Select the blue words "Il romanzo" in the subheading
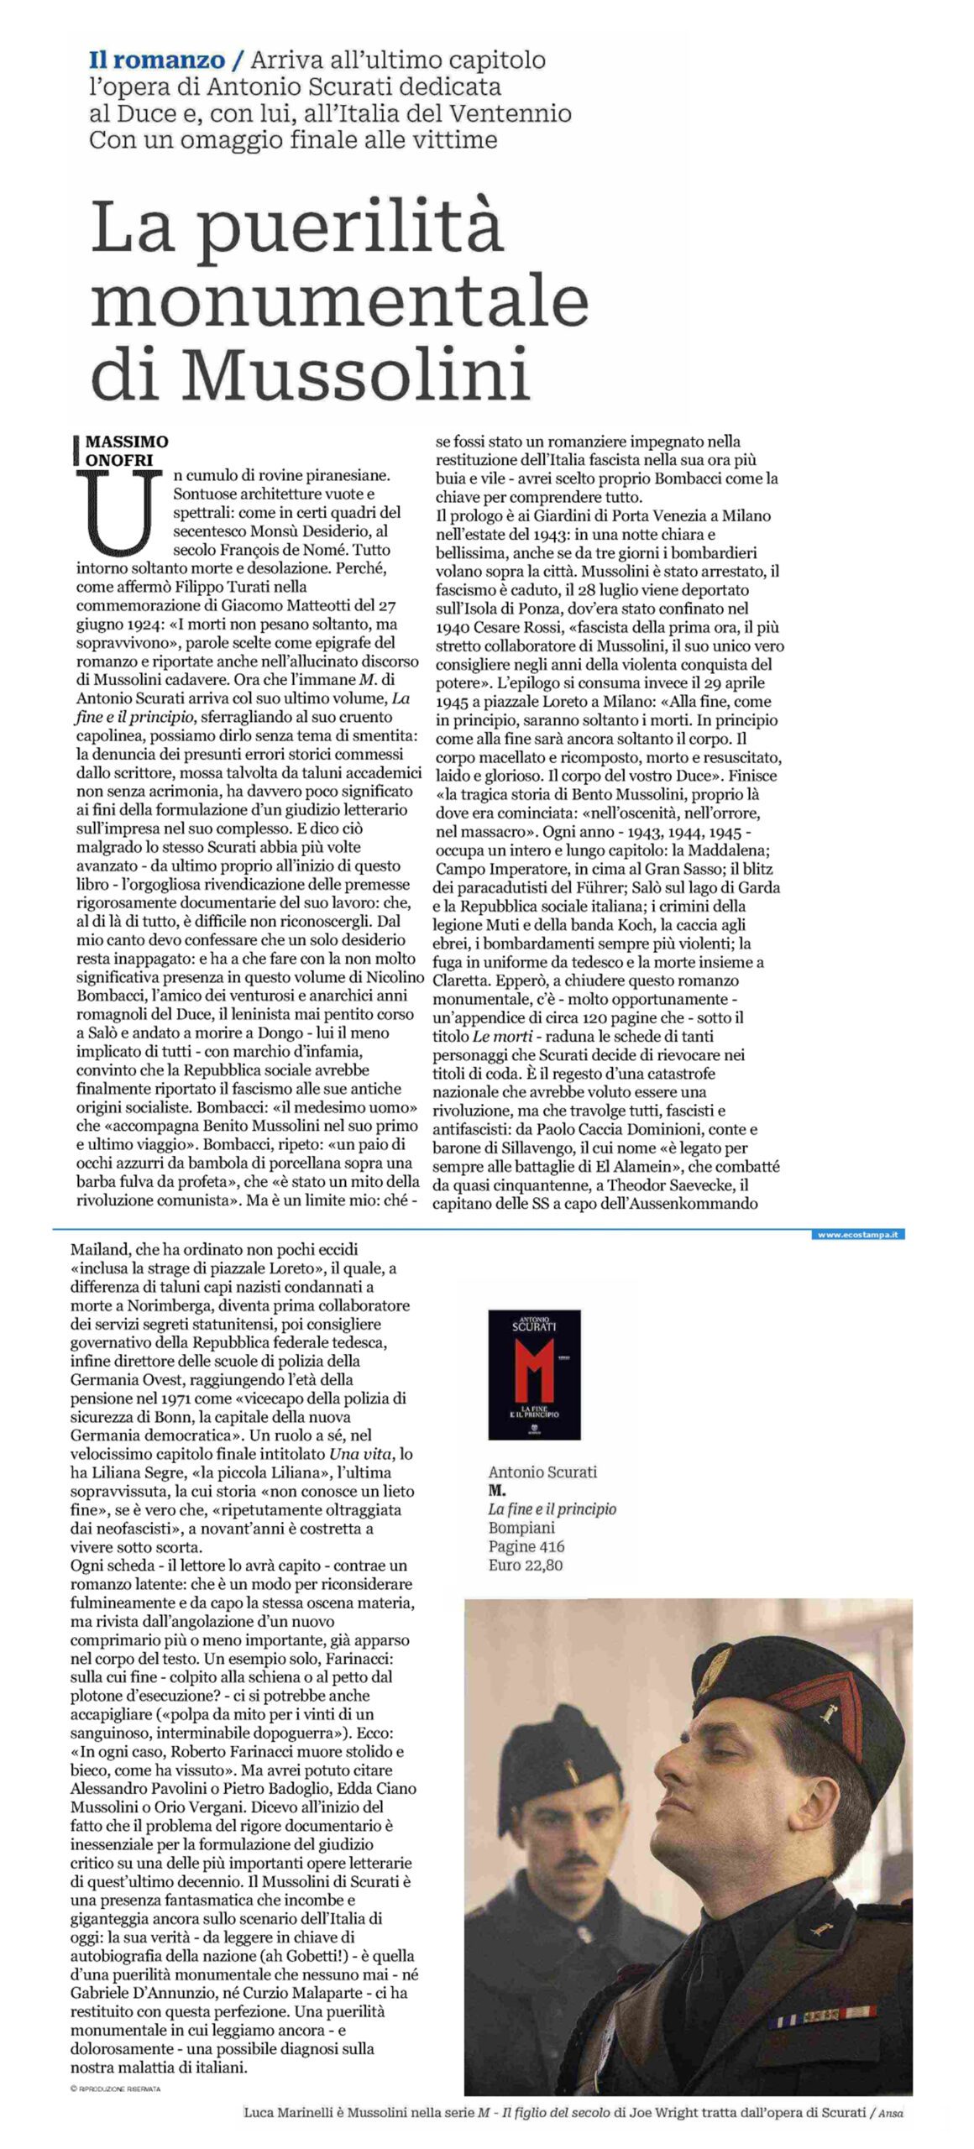pos(157,60)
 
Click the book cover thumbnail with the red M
pos(534,1375)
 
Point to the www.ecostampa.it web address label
pos(858,1235)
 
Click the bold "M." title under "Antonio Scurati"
pos(497,1490)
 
